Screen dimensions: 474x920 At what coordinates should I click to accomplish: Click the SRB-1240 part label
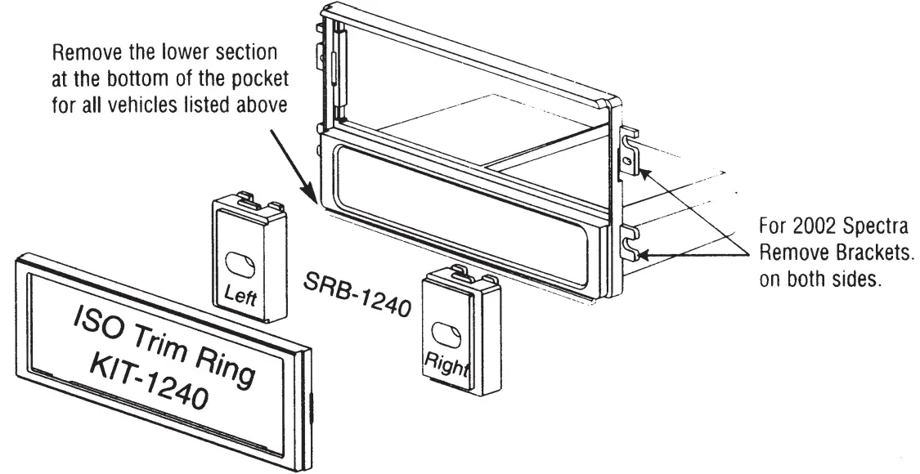coord(357,293)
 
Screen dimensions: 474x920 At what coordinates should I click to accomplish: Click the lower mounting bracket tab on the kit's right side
coord(631,240)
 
